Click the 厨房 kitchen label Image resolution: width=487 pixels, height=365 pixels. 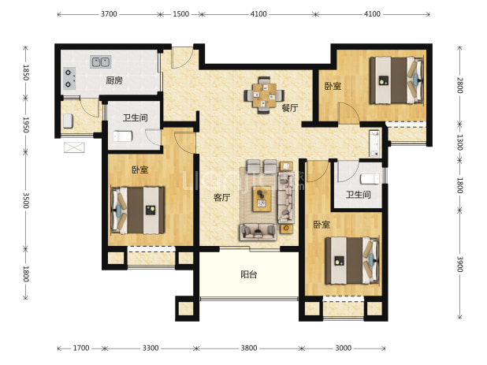pos(114,80)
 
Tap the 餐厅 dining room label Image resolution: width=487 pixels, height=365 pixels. pos(290,108)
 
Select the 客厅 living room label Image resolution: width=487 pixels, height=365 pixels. pos(221,197)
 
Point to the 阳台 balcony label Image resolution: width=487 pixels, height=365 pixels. pos(249,274)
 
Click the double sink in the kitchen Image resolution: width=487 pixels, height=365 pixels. pos(101,61)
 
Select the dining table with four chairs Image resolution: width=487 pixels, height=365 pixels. pos(264,95)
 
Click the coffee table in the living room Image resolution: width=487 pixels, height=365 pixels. pos(262,199)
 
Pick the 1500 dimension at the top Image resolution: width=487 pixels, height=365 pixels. pos(180,14)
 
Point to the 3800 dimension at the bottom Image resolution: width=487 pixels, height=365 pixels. pos(249,348)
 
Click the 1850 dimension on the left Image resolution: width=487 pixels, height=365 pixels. pos(26,73)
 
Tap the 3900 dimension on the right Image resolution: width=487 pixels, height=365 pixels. pos(460,264)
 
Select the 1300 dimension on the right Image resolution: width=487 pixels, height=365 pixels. pos(460,142)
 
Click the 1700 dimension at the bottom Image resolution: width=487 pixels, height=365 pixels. pos(81,348)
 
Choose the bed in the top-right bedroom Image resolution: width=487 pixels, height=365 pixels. pos(396,80)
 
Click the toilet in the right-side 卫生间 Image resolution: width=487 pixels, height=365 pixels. pos(370,179)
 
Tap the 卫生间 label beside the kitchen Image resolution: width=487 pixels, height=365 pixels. pos(135,117)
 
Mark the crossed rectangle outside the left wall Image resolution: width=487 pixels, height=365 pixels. pos(74,147)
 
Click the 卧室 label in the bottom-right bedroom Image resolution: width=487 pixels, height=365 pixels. pos(322,224)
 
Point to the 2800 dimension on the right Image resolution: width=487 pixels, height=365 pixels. pos(460,85)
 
